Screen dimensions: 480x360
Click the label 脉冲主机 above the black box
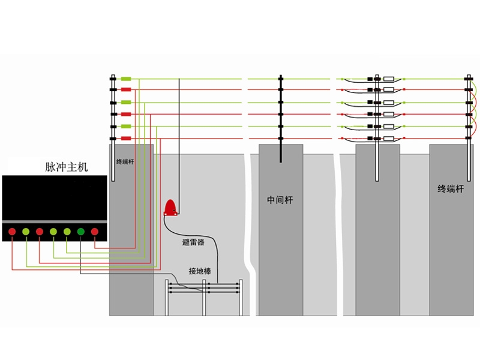coord(67,167)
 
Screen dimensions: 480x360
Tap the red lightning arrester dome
coord(170,208)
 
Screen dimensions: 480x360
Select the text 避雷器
coord(193,242)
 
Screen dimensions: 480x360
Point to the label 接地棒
coord(200,271)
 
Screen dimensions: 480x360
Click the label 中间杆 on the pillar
coord(280,200)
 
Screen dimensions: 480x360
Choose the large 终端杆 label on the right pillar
coord(451,188)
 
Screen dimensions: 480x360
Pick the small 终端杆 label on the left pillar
coord(125,161)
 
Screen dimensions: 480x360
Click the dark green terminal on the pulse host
coord(81,232)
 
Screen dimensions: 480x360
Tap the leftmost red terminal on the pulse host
coord(12,232)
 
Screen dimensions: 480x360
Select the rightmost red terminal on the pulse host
coord(95,232)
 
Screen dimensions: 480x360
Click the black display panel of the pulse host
coord(55,198)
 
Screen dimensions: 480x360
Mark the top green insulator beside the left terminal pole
coord(126,79)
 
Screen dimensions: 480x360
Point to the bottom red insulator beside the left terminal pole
coord(126,139)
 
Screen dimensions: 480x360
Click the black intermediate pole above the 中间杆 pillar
coord(281,118)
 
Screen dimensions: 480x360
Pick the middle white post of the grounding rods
coord(204,298)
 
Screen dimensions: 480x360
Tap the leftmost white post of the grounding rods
coord(167,298)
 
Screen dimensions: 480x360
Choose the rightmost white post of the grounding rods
coord(241,298)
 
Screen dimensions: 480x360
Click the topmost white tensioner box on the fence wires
coord(389,79)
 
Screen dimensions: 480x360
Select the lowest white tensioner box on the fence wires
coord(389,139)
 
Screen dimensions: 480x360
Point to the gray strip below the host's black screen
coord(55,221)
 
